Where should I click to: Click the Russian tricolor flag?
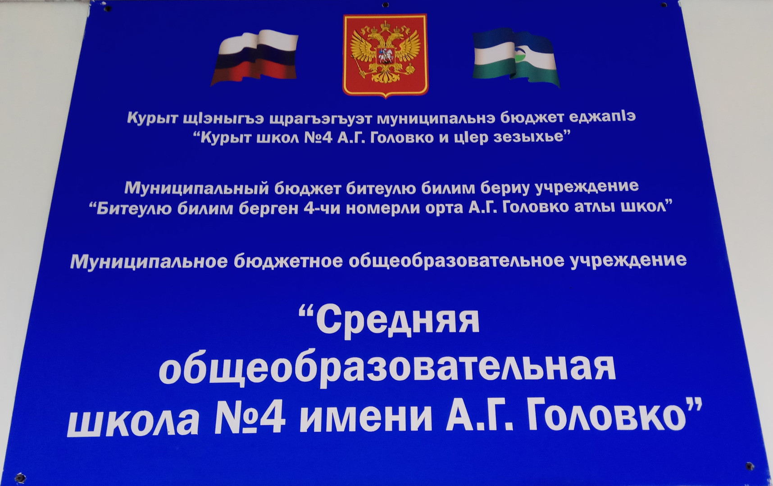[x=254, y=58]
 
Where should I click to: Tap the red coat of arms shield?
[x=385, y=55]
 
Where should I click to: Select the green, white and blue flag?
[x=516, y=58]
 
